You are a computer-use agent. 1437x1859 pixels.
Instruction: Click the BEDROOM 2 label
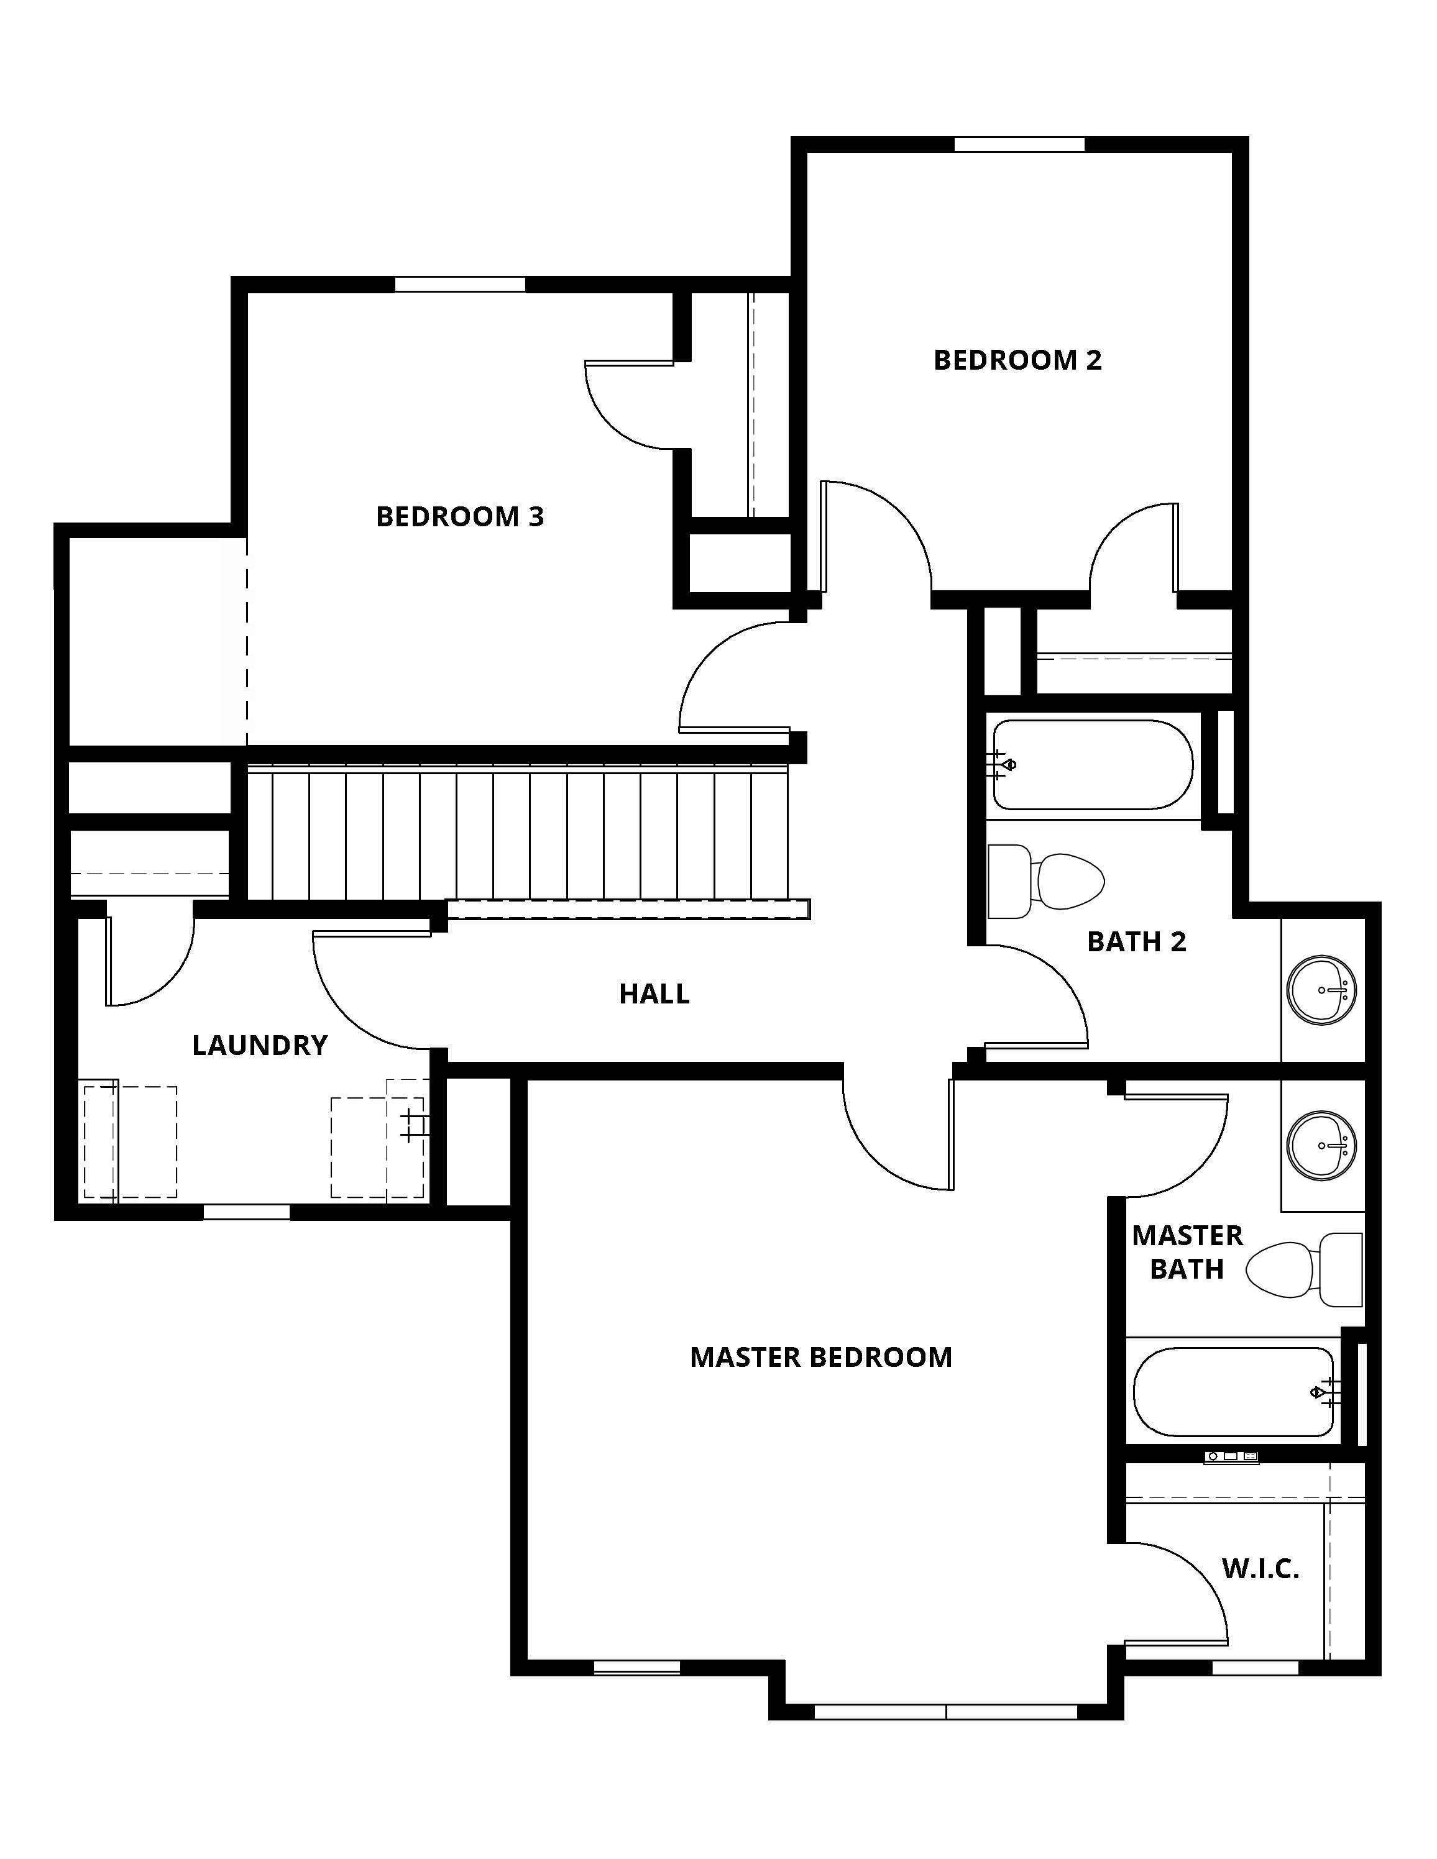[1017, 360]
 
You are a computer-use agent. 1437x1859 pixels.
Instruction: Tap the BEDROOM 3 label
[460, 517]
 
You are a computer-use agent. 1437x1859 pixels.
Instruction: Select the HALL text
[654, 993]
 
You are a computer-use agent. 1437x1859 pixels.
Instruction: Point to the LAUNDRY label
[260, 1045]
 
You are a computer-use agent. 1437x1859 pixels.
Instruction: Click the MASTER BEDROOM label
[820, 1357]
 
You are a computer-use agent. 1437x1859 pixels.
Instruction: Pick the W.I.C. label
[1260, 1569]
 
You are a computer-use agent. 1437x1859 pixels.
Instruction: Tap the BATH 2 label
[1137, 941]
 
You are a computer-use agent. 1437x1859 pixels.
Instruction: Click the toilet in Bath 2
[1045, 881]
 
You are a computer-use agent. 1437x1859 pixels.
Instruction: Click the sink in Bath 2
[1321, 990]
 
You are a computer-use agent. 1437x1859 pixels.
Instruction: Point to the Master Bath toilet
[1304, 1269]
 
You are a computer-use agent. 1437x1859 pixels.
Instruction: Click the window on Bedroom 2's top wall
[1019, 144]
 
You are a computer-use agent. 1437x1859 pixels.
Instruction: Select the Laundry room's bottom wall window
[247, 1212]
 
